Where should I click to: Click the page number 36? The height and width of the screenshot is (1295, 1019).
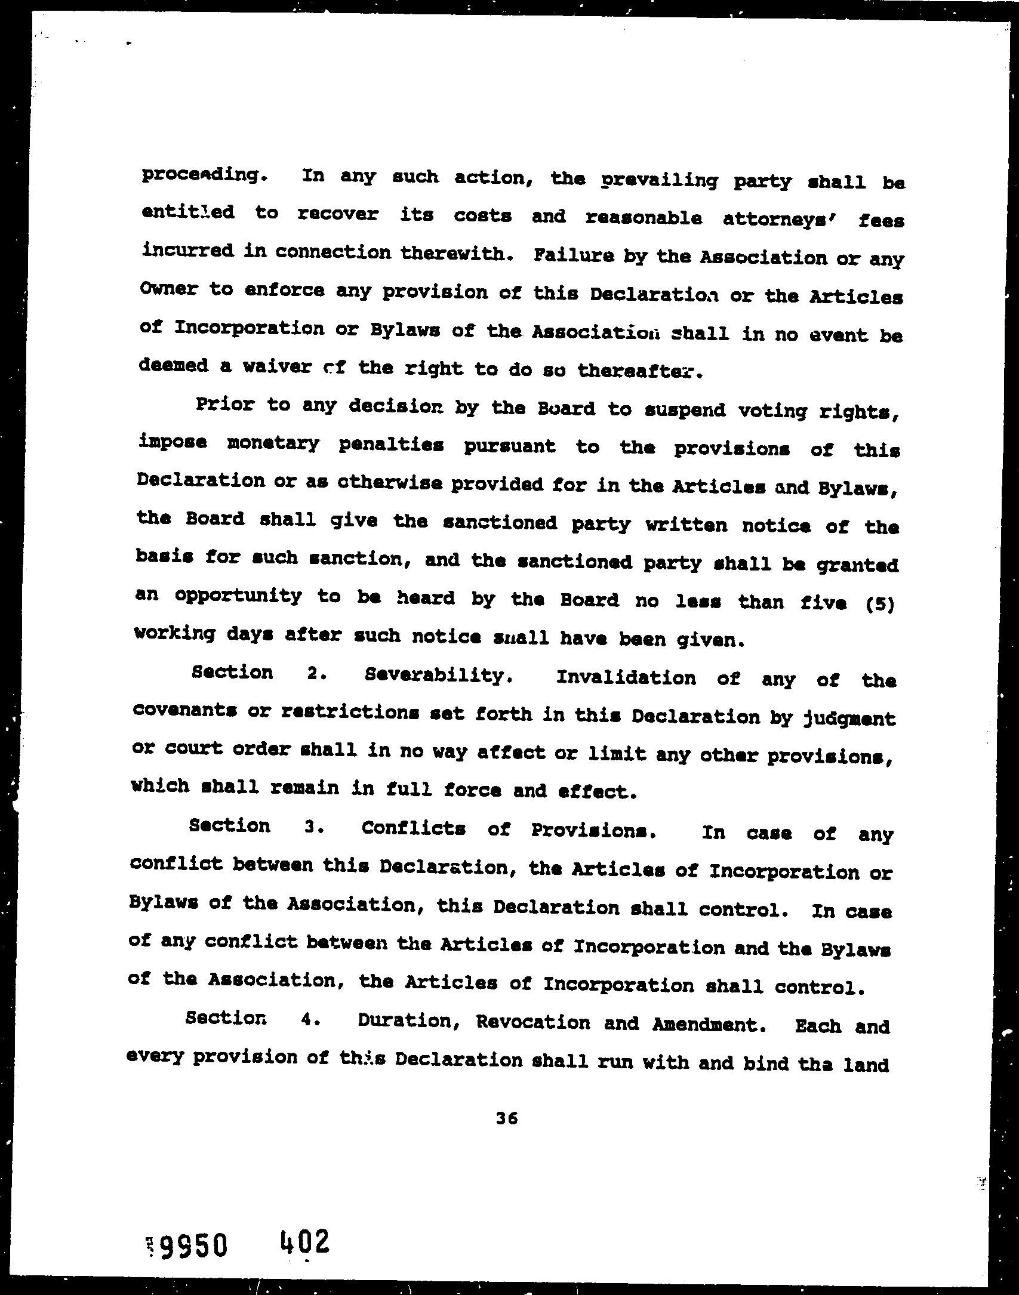506,1119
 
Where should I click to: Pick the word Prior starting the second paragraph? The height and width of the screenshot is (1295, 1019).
225,405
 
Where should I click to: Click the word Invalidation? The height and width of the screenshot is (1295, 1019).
625,678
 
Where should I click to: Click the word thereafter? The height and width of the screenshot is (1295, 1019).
636,371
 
